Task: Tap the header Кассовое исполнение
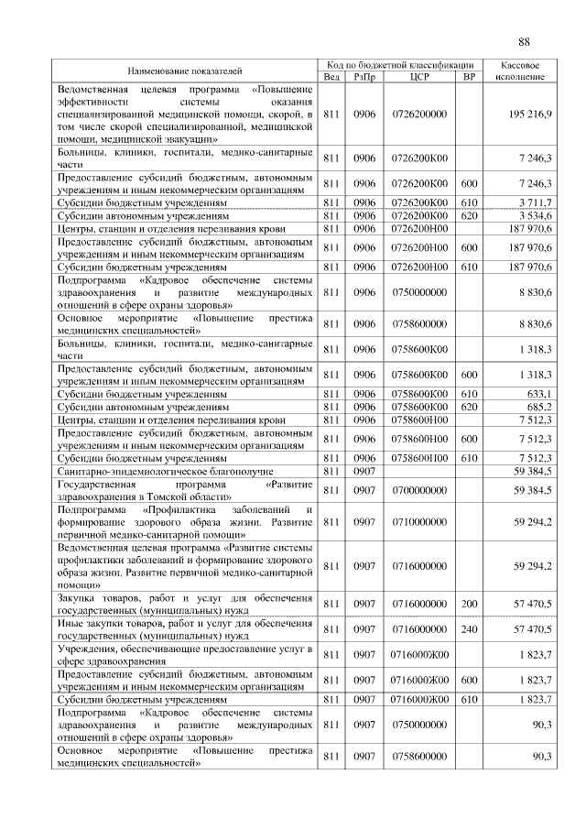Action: [522, 71]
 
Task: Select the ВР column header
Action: [469, 77]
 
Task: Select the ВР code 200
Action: [469, 605]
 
